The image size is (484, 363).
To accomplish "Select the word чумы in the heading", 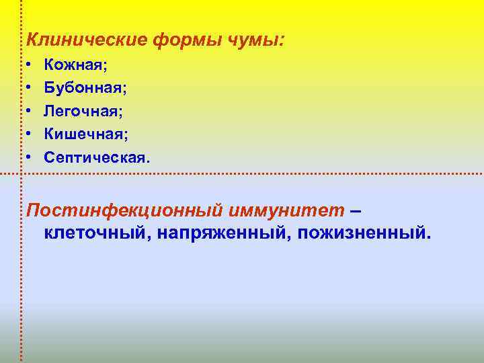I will [x=252, y=40].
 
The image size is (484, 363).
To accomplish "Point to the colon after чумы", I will [x=280, y=42].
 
